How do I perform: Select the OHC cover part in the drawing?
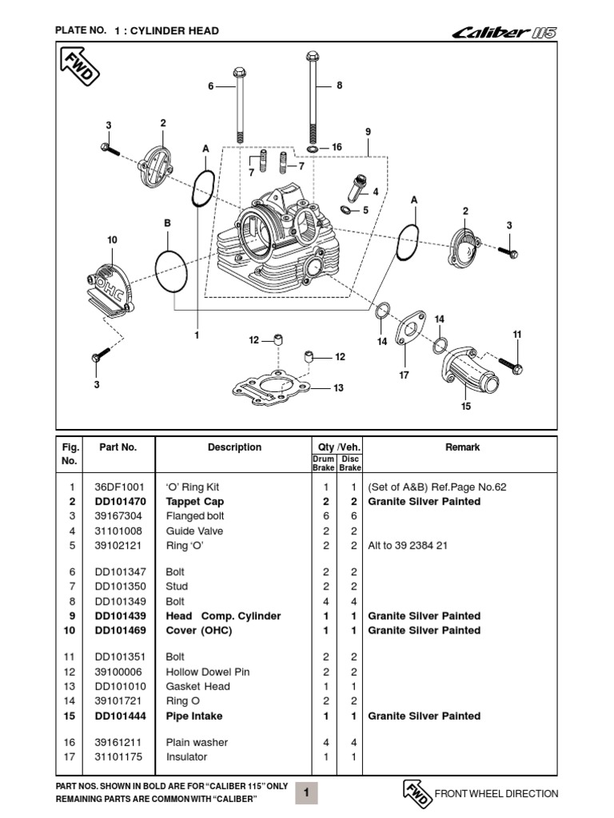pyautogui.click(x=112, y=288)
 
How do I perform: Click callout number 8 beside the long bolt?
pyautogui.click(x=339, y=85)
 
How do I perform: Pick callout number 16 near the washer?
pyautogui.click(x=337, y=148)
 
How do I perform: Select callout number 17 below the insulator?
pyautogui.click(x=404, y=375)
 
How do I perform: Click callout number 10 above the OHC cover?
pyautogui.click(x=112, y=240)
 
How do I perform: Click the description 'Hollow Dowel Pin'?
pyautogui.click(x=208, y=672)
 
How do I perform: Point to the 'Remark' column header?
pyautogui.click(x=462, y=447)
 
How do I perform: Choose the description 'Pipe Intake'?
pyautogui.click(x=194, y=716)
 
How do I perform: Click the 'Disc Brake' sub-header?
pyautogui.click(x=350, y=463)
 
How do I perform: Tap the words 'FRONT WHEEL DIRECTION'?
pyautogui.click(x=496, y=793)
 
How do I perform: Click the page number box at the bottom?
pyautogui.click(x=307, y=792)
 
